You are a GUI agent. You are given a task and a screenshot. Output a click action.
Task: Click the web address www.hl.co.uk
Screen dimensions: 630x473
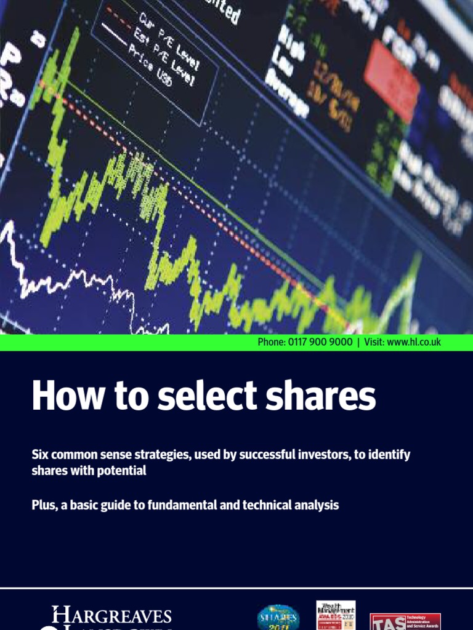414,343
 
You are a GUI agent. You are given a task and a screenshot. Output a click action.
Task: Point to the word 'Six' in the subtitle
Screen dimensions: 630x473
41,455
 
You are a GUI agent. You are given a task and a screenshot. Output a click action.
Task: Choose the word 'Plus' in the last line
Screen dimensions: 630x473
44,505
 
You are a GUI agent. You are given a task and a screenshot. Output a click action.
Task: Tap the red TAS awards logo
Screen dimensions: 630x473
405,620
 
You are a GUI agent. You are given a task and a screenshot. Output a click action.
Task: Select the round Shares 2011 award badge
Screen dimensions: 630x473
278,617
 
